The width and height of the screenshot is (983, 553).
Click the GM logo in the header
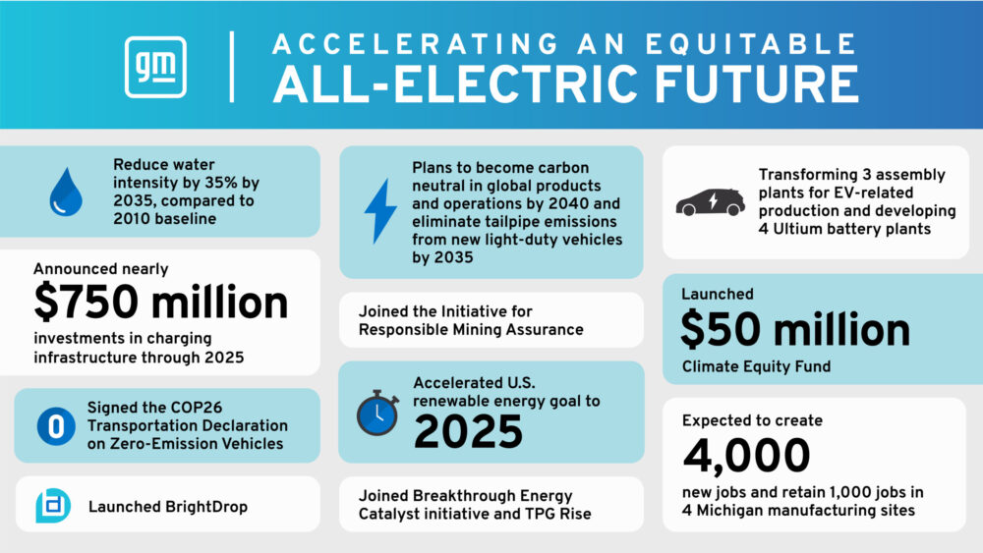(155, 67)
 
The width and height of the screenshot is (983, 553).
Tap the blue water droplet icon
(66, 192)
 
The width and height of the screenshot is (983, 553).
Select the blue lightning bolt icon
(380, 211)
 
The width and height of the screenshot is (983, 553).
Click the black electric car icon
(711, 202)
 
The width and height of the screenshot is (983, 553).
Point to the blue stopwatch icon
(378, 413)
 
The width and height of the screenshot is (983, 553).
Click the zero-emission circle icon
(56, 426)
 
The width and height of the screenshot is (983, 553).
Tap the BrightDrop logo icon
(53, 506)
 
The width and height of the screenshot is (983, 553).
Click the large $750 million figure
(160, 303)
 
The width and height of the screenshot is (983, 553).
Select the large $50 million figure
(795, 330)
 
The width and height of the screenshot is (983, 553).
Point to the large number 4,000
(746, 456)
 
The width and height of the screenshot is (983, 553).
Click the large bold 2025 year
(468, 432)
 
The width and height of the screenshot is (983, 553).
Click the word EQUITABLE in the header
(750, 44)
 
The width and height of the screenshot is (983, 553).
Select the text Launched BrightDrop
(168, 507)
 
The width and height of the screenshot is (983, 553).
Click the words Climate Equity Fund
(756, 366)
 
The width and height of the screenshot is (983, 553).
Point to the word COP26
(196, 407)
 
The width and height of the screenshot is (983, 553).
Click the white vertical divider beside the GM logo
(232, 67)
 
